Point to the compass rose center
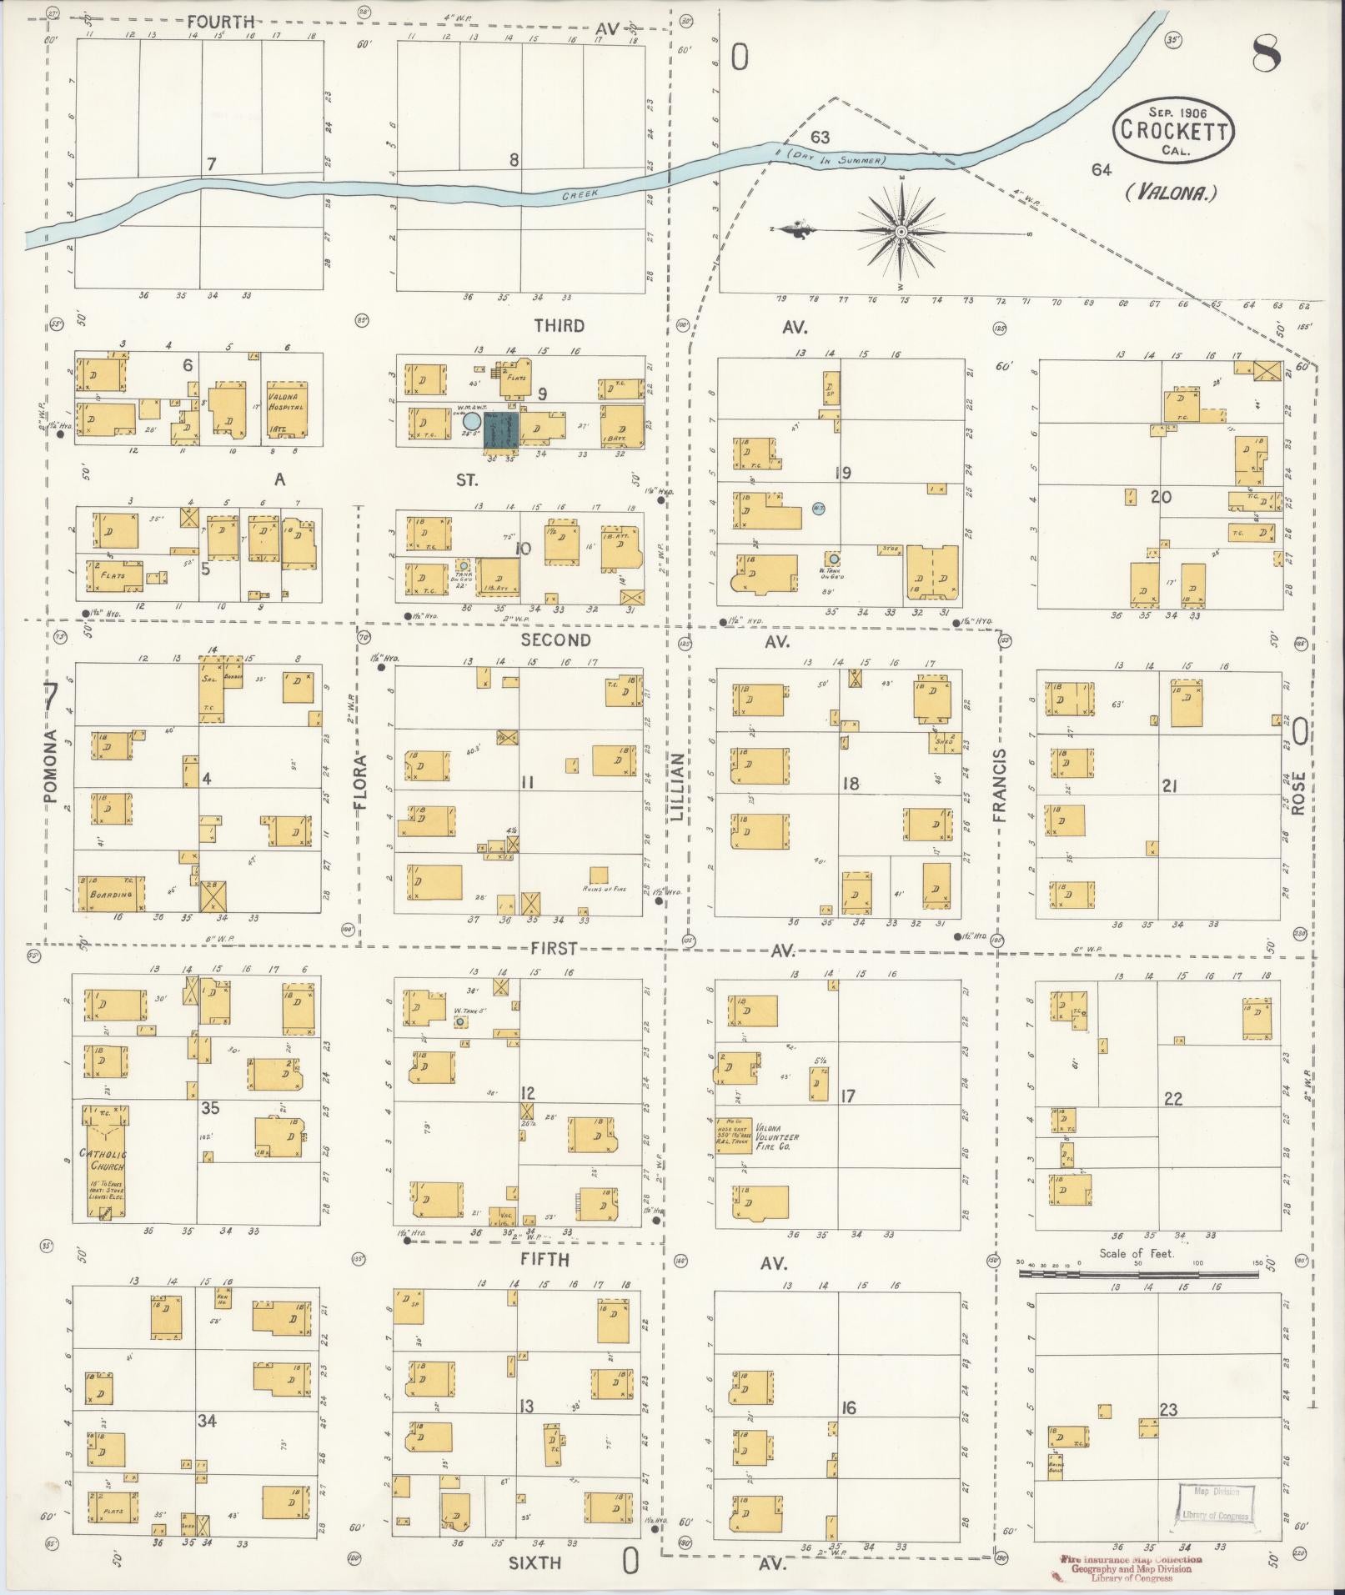click(x=901, y=231)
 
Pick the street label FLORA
click(x=360, y=783)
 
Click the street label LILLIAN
click(x=677, y=787)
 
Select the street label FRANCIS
click(x=1000, y=785)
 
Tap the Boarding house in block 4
click(x=111, y=893)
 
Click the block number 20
click(x=1161, y=497)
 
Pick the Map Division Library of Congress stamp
click(x=1215, y=1502)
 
